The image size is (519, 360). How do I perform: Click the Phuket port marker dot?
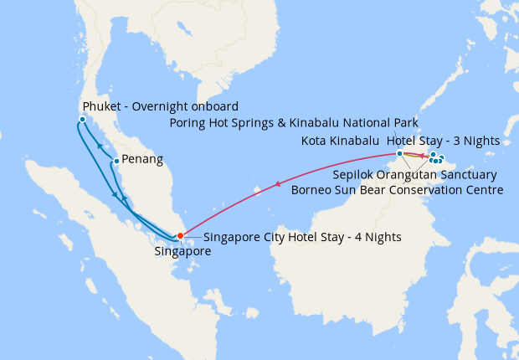click(x=82, y=120)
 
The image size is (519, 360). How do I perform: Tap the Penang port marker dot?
click(x=116, y=161)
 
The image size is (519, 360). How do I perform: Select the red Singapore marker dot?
click(x=181, y=235)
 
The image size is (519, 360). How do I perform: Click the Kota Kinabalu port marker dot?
click(x=399, y=154)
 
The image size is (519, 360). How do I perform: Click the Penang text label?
click(x=141, y=158)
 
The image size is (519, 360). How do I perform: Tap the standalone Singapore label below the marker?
click(x=183, y=250)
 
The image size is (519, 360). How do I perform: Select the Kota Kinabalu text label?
click(x=340, y=141)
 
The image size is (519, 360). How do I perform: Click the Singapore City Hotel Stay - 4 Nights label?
click(x=302, y=237)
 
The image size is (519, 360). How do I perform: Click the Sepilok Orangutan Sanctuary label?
click(x=414, y=175)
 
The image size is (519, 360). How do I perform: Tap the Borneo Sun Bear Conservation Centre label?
click(x=397, y=190)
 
